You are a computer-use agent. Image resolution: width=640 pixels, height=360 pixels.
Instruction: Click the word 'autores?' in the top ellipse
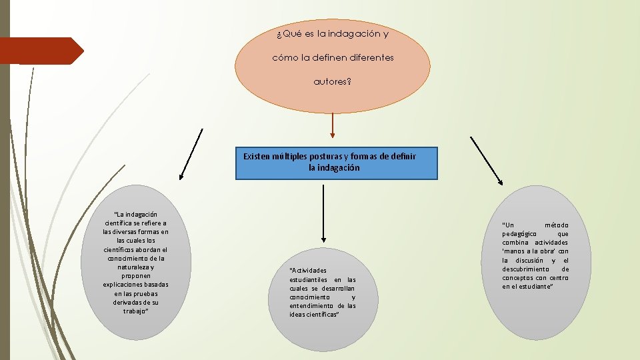coord(333,82)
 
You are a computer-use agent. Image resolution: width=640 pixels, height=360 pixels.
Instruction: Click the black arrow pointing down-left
coord(191,154)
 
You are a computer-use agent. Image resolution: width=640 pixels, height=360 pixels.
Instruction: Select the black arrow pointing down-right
coord(487,161)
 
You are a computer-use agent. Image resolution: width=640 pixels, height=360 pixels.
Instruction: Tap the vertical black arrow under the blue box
coord(323,213)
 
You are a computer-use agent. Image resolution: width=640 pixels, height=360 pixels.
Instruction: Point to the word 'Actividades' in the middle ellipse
coord(307,270)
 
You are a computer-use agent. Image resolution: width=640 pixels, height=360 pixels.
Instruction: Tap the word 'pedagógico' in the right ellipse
coord(519,234)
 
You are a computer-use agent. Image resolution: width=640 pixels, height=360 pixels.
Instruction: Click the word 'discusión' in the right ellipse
coord(529,260)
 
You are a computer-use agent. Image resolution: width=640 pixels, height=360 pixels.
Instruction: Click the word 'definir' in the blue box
coord(403,156)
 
